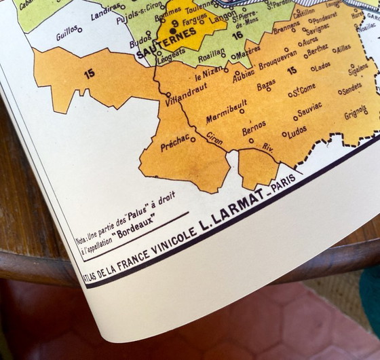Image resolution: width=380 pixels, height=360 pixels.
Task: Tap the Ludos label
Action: point(297,130)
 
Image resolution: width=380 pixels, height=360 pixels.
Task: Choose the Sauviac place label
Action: point(309,108)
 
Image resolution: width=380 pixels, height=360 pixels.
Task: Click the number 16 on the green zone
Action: point(237,35)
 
